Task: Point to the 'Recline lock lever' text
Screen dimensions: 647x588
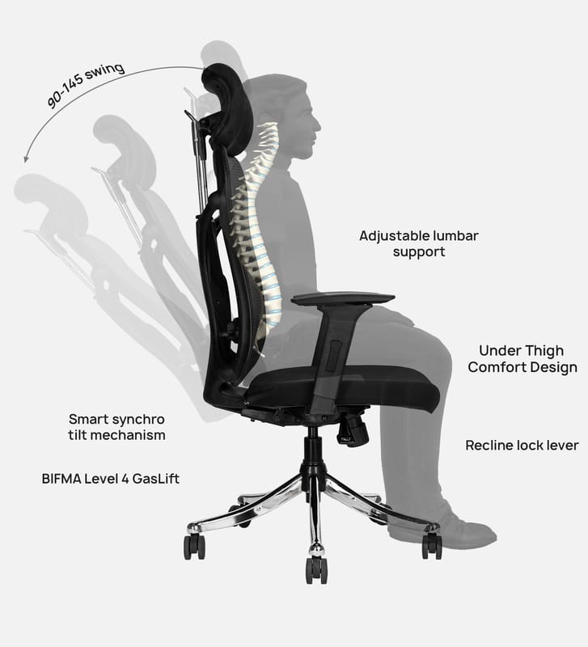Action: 522,446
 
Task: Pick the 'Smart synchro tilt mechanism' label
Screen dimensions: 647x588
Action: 116,427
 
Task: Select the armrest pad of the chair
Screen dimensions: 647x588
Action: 343,298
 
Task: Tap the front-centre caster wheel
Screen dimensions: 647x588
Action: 315,568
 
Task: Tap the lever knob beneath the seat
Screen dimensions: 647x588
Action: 353,429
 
